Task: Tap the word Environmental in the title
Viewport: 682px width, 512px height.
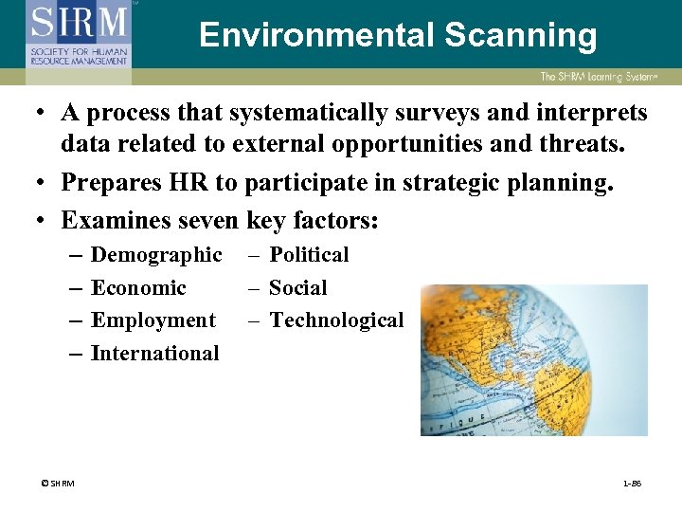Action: coord(312,36)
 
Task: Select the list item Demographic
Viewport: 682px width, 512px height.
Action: coord(156,255)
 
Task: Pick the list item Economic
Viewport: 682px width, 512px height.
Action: coord(138,288)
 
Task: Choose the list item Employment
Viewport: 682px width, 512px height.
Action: coord(153,320)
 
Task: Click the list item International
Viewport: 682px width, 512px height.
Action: coord(154,354)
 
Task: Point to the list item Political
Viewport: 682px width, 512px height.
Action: coord(309,255)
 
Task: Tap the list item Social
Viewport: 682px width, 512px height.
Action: coord(297,288)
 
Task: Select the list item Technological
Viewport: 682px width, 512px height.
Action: coord(336,320)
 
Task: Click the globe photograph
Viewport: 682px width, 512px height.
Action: coord(533,360)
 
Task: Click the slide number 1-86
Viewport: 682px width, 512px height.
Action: coord(632,484)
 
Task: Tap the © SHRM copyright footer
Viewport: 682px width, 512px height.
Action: coord(57,484)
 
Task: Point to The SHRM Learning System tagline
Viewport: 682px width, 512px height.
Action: coord(609,77)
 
